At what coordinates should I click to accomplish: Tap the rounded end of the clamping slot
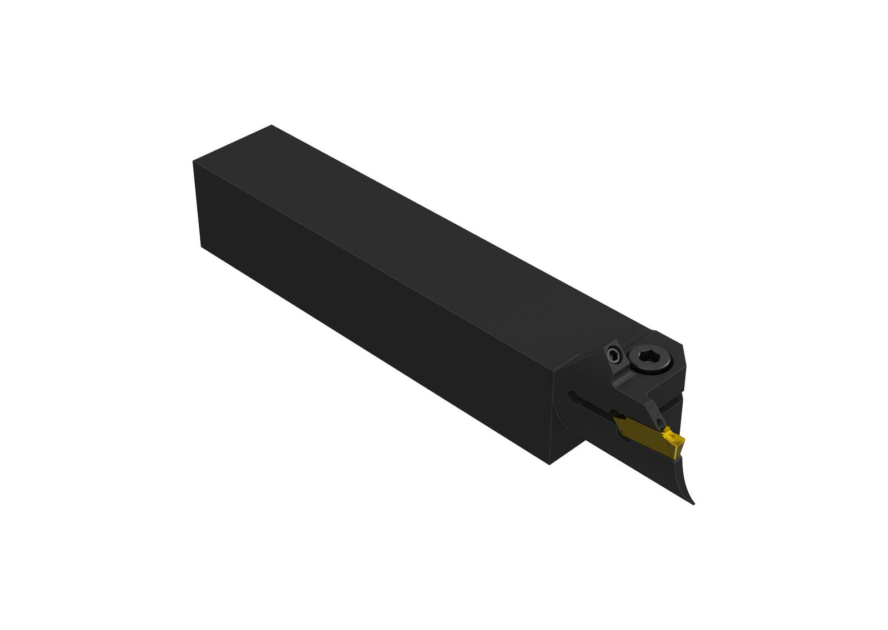[x=571, y=395]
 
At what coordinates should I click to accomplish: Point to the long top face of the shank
[x=444, y=233]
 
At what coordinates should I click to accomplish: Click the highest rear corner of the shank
[x=271, y=125]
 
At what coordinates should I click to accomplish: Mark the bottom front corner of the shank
[x=550, y=464]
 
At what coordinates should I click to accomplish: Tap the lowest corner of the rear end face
[x=200, y=245]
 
